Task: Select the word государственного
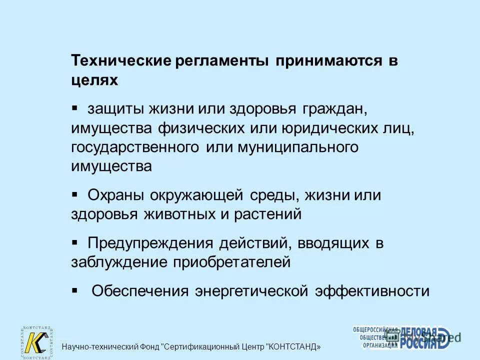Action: (135, 147)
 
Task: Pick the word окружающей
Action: (191, 195)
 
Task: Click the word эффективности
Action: (372, 291)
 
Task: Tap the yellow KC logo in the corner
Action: (36, 342)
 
